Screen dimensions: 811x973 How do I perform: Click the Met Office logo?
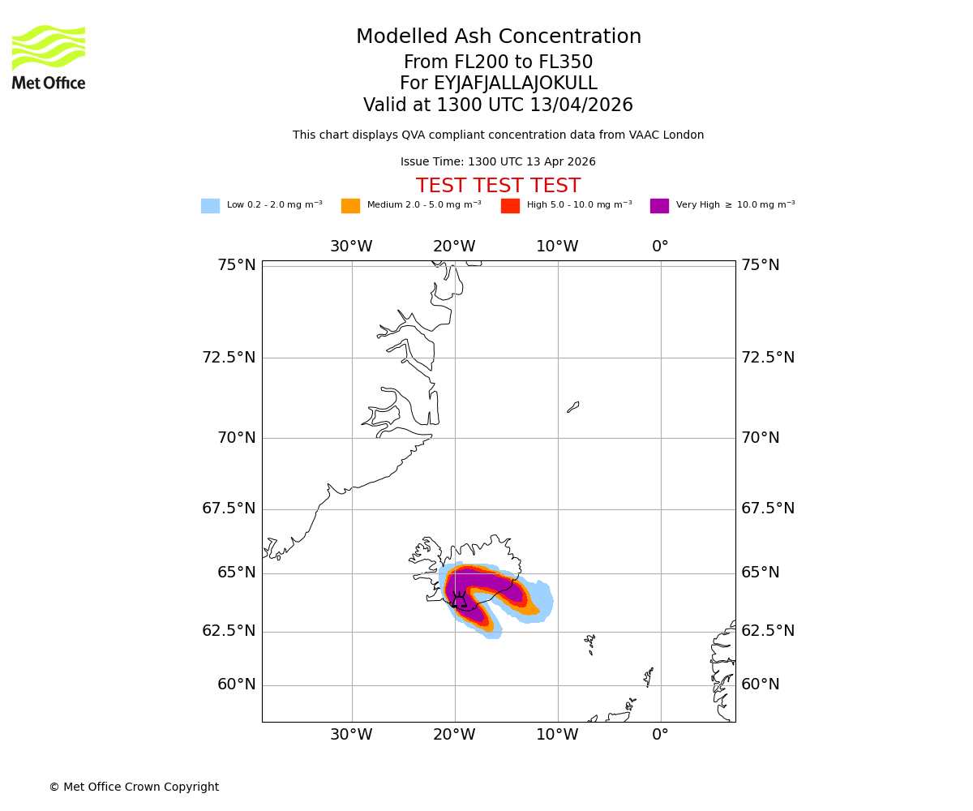pyautogui.click(x=49, y=57)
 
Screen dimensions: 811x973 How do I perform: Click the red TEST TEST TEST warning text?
pyautogui.click(x=498, y=186)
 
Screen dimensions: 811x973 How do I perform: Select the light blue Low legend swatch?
pyautogui.click(x=210, y=205)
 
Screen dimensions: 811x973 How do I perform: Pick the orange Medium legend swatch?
pyautogui.click(x=350, y=205)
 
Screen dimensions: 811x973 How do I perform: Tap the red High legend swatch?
pyautogui.click(x=510, y=205)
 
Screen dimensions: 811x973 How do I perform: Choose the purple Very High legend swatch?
pyautogui.click(x=659, y=205)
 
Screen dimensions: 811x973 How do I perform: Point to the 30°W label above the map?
pyautogui.click(x=351, y=247)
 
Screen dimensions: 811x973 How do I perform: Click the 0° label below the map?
pyautogui.click(x=660, y=735)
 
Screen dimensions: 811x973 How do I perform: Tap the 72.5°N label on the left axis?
pyautogui.click(x=229, y=358)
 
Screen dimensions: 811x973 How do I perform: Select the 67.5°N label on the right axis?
pyautogui.click(x=768, y=508)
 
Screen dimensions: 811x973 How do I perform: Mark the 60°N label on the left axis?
pyautogui.click(x=236, y=684)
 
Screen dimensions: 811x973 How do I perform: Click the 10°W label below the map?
pyautogui.click(x=557, y=735)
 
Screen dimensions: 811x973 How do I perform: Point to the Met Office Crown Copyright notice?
pyautogui.click(x=134, y=787)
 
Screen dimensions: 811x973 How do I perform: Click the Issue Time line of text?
pyautogui.click(x=498, y=162)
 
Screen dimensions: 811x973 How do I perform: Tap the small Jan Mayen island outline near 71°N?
pyautogui.click(x=573, y=407)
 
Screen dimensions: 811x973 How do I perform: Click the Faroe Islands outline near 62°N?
pyautogui.click(x=590, y=644)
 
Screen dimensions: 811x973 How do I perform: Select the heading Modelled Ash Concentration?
pyautogui.click(x=498, y=36)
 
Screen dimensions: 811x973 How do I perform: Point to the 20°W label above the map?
pyautogui.click(x=454, y=247)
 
